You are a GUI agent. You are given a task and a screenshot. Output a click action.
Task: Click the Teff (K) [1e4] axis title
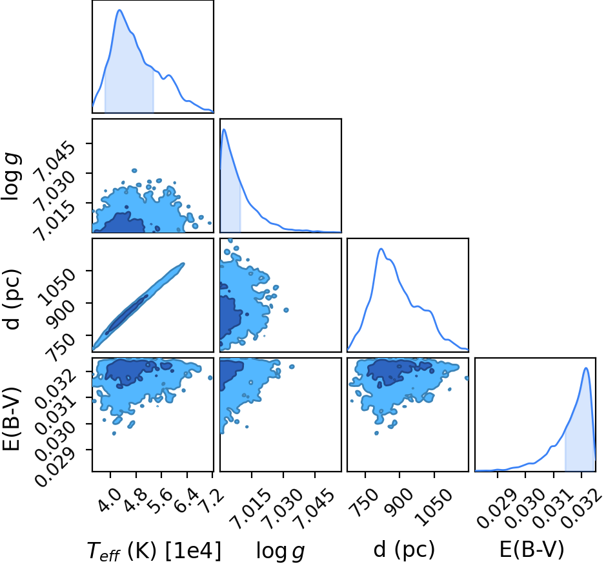coord(154,551)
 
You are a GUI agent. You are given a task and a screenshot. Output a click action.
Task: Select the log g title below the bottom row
coord(281,551)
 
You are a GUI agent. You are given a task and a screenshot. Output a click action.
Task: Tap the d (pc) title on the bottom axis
coord(404,550)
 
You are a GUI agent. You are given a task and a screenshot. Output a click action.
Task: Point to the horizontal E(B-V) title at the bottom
coord(532,550)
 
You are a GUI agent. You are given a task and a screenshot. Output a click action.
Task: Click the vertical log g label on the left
coord(11,176)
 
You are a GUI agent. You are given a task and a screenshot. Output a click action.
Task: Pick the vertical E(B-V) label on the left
coord(11,419)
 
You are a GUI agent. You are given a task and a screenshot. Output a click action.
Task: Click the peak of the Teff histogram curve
coord(119,10)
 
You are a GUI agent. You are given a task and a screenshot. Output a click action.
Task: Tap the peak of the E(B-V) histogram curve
coord(586,368)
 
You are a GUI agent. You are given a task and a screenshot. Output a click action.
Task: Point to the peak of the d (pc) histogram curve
coord(381,248)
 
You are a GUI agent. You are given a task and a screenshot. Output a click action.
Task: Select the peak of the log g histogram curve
coord(224,129)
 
